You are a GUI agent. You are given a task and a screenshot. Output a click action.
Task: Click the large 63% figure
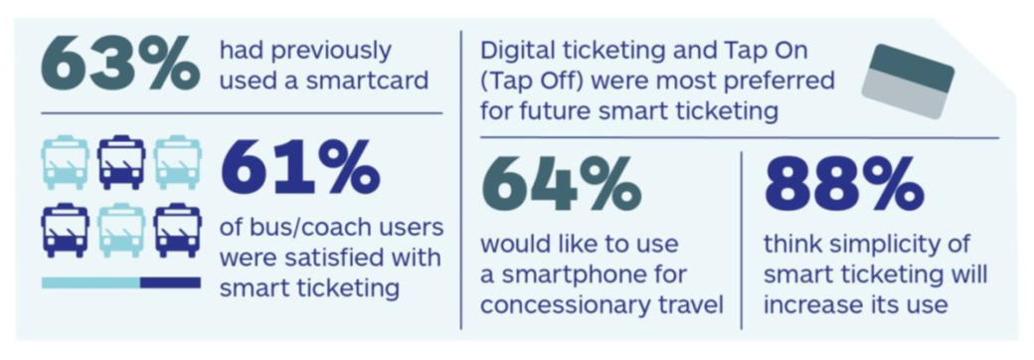119,65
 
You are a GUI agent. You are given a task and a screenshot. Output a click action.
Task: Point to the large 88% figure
842,185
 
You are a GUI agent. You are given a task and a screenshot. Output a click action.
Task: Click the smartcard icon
908,82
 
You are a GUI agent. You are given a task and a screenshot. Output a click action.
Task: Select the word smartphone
568,275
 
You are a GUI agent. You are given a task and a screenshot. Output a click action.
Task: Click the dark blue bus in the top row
121,162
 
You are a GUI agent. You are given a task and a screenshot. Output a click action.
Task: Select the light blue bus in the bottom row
121,230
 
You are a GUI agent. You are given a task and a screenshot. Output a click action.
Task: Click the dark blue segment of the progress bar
170,282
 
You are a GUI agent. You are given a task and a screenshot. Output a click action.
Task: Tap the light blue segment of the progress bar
90,282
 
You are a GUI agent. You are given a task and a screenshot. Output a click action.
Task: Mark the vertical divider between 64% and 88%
742,240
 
